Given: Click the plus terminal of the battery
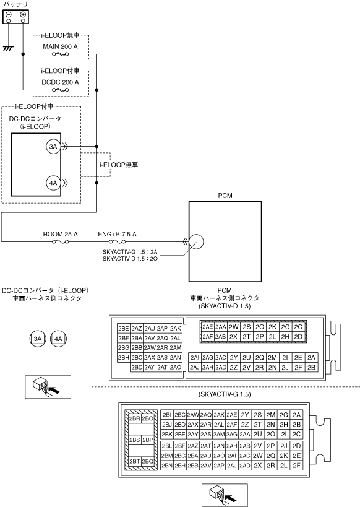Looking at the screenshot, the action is point(23,15).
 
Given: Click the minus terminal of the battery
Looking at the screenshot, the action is point(9,15).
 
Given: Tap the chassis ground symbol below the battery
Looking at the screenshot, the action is point(9,48).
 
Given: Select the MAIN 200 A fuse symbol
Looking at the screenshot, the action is point(61,54).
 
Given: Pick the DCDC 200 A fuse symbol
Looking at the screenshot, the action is point(61,90).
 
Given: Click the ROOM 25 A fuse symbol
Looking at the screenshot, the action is point(61,241).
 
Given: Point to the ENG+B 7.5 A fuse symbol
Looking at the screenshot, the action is point(118,241).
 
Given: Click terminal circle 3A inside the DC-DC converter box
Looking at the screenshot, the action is point(53,147).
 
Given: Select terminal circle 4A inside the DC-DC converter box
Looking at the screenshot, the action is point(53,183).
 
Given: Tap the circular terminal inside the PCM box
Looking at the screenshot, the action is point(196,241).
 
